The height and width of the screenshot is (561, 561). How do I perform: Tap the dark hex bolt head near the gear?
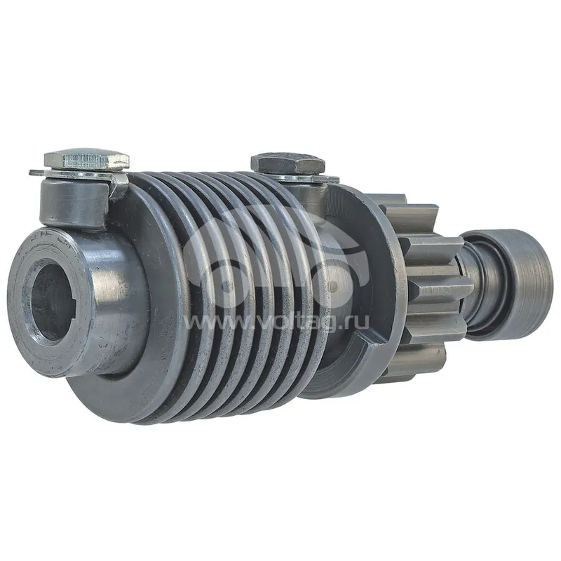coord(288,163)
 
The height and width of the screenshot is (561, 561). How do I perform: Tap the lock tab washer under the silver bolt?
coord(79,175)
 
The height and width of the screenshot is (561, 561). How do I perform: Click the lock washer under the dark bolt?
coord(304,177)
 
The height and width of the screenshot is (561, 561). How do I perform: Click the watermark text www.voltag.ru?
coord(276,323)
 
